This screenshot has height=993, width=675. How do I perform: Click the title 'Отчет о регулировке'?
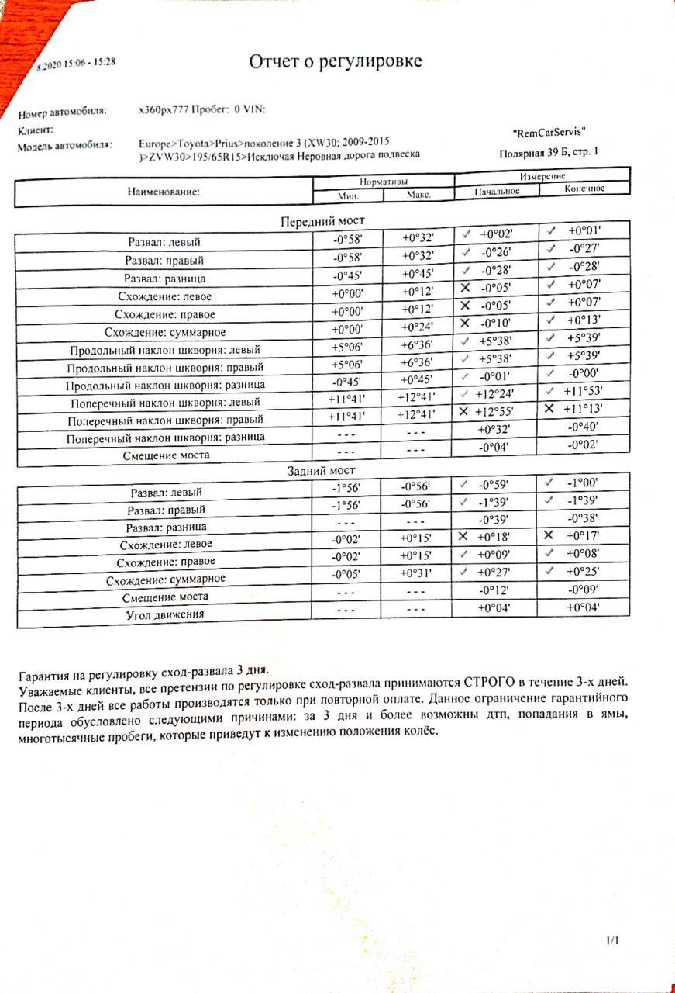335,62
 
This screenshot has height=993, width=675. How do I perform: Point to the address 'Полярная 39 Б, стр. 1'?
549,153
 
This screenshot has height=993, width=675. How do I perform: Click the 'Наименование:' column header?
164,191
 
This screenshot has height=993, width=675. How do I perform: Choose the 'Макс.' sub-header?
418,195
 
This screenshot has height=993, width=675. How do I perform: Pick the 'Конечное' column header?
584,189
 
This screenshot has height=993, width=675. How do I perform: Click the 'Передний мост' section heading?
322,221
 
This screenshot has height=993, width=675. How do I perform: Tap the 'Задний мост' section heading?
321,471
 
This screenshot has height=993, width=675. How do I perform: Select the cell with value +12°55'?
494,410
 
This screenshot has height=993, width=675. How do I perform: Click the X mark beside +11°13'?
549,409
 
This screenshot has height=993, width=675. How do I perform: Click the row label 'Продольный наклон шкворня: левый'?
165,349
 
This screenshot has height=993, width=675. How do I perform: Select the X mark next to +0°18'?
464,536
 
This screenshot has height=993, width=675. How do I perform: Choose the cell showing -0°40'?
584,427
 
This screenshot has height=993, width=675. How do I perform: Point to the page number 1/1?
614,940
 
